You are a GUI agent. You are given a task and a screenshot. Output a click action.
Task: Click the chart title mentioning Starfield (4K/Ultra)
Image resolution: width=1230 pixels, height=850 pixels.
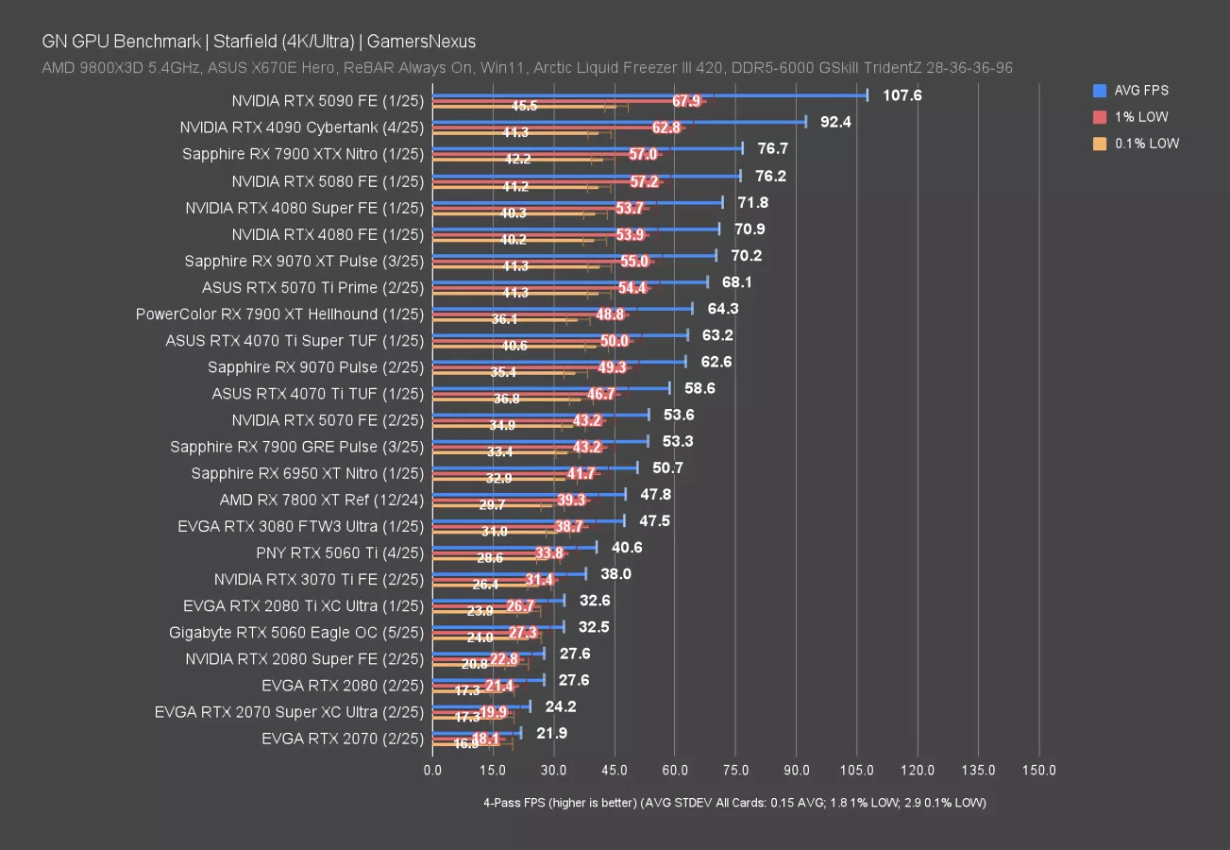tap(259, 42)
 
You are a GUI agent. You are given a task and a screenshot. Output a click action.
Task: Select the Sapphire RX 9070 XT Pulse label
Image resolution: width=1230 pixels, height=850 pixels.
tap(304, 261)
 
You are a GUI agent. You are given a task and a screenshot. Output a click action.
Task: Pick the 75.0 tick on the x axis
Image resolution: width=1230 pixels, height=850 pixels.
tap(735, 771)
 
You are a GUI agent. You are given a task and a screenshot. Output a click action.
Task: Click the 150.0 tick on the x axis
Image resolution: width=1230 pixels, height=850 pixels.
tap(1038, 771)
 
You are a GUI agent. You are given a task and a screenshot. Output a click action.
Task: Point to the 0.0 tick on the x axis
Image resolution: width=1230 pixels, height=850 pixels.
tap(432, 771)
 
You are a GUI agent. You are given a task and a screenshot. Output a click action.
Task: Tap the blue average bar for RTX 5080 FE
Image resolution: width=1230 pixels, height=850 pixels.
tap(585, 176)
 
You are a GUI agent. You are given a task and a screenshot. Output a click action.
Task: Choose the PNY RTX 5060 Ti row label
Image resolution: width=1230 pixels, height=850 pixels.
tap(340, 552)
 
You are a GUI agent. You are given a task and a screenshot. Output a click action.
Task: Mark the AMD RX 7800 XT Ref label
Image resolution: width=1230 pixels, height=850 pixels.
tap(322, 500)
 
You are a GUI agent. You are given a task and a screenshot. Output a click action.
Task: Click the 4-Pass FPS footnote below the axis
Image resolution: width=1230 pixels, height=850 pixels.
tap(734, 803)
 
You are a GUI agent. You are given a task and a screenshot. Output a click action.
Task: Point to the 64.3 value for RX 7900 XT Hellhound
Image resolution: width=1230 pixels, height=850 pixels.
tap(720, 309)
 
